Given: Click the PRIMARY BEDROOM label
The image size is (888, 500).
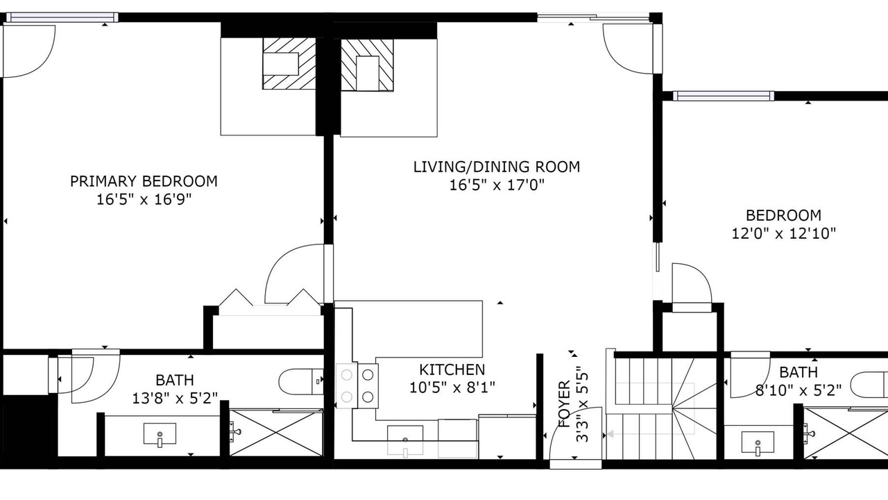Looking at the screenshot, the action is (144, 181).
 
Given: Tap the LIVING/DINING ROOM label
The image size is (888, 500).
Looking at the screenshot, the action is (497, 167).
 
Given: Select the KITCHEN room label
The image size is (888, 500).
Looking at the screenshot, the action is (452, 370).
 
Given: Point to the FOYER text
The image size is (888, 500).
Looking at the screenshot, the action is (564, 404).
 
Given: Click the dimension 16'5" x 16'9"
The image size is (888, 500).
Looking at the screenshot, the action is (144, 199).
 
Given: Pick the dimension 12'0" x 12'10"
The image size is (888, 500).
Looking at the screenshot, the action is (783, 233).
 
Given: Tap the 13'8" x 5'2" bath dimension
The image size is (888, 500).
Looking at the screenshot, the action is (175, 398).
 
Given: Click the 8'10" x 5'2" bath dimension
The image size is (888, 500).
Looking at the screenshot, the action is (798, 391).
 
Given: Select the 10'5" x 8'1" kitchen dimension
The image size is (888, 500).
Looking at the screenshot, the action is (452, 387).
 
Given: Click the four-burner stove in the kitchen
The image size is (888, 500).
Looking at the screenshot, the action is (357, 385).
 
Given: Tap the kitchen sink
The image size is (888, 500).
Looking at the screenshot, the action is (404, 440).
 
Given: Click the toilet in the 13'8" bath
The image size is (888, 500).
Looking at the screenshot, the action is (301, 382).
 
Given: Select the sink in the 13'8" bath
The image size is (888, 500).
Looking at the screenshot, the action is (160, 434).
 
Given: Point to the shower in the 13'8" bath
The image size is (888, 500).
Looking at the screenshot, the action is (276, 433).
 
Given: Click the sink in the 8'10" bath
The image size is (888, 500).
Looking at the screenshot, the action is (758, 442).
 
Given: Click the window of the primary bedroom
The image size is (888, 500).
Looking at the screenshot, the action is (62, 17).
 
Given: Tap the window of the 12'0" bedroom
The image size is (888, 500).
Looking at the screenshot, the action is (724, 96).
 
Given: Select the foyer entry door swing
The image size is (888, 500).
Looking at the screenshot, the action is (576, 433).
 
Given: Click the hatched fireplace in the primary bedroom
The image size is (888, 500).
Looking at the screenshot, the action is (289, 63).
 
